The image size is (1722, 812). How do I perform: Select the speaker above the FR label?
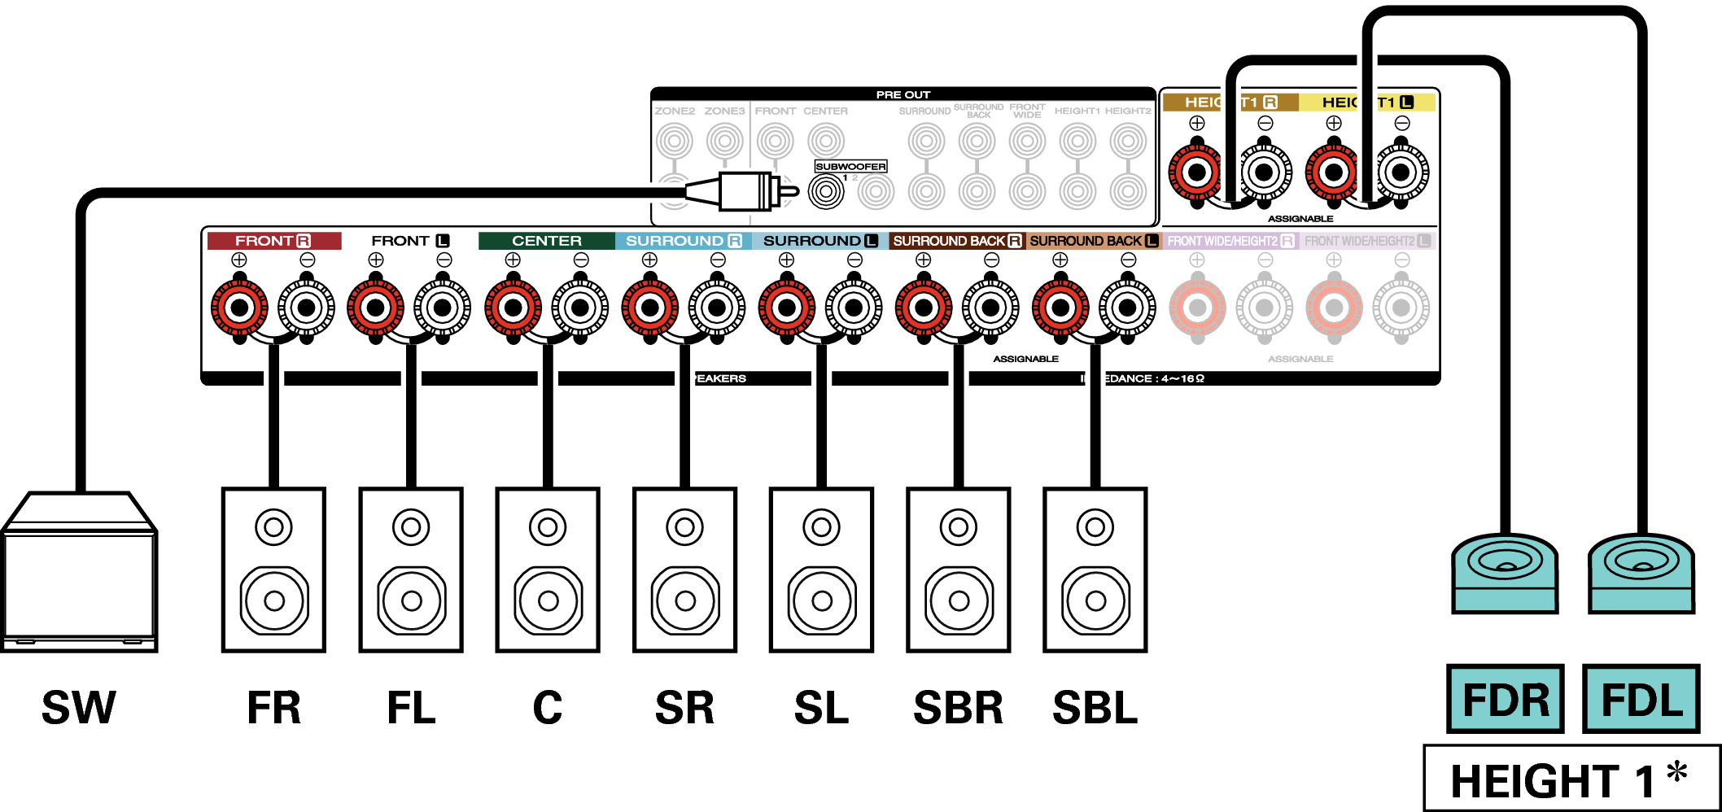(x=273, y=570)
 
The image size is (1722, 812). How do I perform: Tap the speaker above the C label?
(x=548, y=570)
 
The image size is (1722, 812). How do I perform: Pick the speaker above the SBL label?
(x=1095, y=570)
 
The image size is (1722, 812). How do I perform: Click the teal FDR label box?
(x=1505, y=699)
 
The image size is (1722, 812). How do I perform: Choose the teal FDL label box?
(x=1641, y=699)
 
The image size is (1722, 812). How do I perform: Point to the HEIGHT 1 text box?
(x=1571, y=779)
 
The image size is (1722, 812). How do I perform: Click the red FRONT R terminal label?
(x=273, y=241)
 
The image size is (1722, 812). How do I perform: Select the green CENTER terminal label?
(x=547, y=241)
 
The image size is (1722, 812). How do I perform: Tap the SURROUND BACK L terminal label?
(x=1093, y=241)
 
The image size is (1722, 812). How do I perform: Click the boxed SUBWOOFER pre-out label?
(x=850, y=166)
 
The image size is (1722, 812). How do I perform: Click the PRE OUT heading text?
(x=903, y=94)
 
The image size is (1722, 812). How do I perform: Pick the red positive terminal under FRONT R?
(x=239, y=308)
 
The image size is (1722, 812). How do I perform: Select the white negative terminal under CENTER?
(x=580, y=308)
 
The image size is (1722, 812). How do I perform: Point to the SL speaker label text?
(x=821, y=708)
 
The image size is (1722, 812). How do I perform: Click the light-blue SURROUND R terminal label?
(x=683, y=241)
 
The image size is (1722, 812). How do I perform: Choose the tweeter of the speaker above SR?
(x=684, y=527)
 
